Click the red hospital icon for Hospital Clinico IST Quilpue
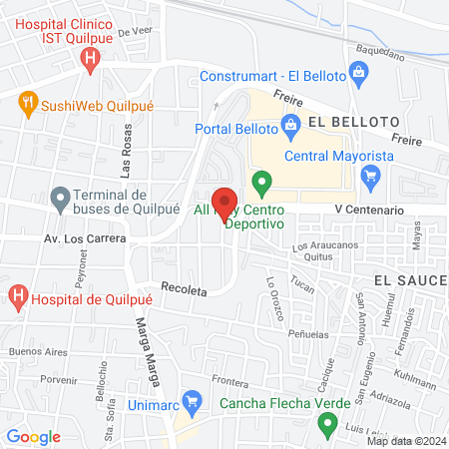[91, 59]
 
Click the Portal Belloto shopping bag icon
[291, 127]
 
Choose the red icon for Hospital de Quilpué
[17, 295]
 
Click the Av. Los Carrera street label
[85, 239]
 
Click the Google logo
[33, 437]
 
